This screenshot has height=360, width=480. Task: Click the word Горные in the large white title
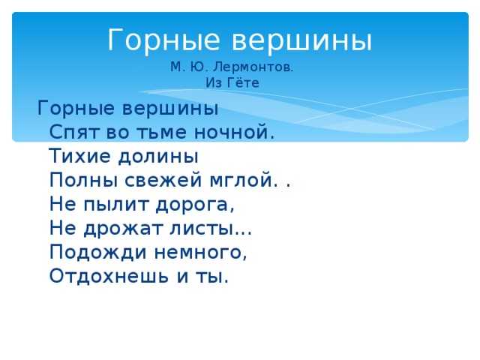tap(163, 40)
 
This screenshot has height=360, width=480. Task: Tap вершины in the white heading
tap(301, 40)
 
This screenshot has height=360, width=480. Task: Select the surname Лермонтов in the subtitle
tap(252, 67)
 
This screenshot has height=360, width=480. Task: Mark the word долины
tap(158, 157)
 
